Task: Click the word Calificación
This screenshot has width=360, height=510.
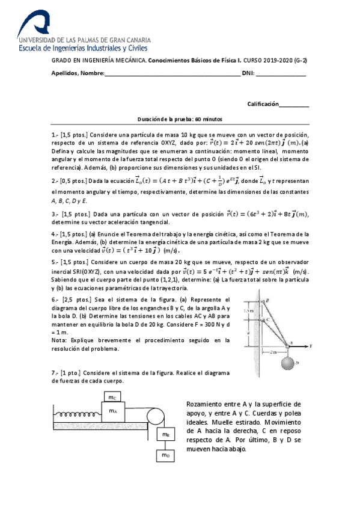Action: tap(263, 104)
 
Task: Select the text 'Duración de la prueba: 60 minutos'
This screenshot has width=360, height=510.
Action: tap(180, 120)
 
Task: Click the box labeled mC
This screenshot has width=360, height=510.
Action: tap(112, 397)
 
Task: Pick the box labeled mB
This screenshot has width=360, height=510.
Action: tap(164, 433)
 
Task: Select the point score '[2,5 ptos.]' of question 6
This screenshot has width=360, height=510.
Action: tap(77, 299)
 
